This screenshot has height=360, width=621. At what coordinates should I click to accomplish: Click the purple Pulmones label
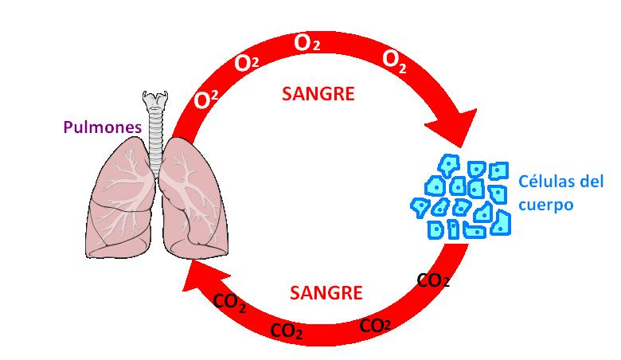pyautogui.click(x=103, y=127)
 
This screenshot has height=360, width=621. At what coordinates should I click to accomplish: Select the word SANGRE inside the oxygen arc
pyautogui.click(x=318, y=94)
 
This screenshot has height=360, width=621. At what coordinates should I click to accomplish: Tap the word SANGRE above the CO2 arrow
pyautogui.click(x=326, y=292)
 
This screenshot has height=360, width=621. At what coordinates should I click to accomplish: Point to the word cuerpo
pyautogui.click(x=546, y=204)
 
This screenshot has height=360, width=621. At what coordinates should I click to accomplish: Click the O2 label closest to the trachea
pyautogui.click(x=207, y=100)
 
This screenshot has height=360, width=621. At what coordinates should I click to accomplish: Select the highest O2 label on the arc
pyautogui.click(x=307, y=43)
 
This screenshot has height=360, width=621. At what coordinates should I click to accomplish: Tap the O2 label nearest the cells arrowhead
pyautogui.click(x=395, y=59)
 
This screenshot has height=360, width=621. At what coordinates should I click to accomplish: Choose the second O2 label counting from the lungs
pyautogui.click(x=247, y=63)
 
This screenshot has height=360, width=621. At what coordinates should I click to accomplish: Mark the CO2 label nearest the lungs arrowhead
pyautogui.click(x=229, y=303)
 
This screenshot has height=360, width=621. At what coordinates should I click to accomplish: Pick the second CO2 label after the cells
pyautogui.click(x=375, y=325)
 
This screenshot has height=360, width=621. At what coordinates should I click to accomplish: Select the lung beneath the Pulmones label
pyautogui.click(x=121, y=195)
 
